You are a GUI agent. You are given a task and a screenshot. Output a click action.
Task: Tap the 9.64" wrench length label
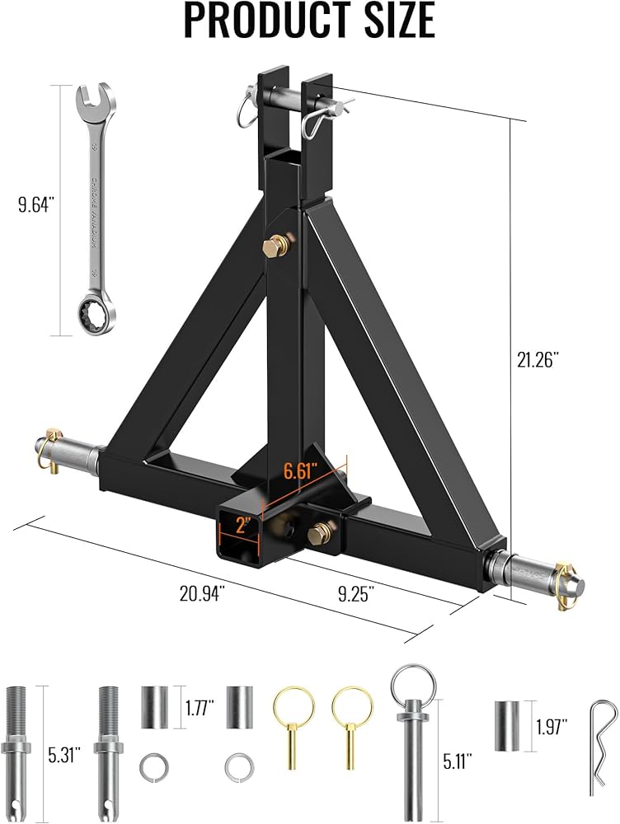click(x=37, y=205)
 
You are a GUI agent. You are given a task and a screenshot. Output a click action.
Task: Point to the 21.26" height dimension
click(x=537, y=361)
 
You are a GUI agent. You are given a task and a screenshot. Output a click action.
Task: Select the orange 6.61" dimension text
click(x=302, y=470)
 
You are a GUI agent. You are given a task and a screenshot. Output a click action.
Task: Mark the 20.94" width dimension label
click(x=203, y=593)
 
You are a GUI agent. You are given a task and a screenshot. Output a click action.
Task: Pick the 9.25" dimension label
click(x=356, y=594)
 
